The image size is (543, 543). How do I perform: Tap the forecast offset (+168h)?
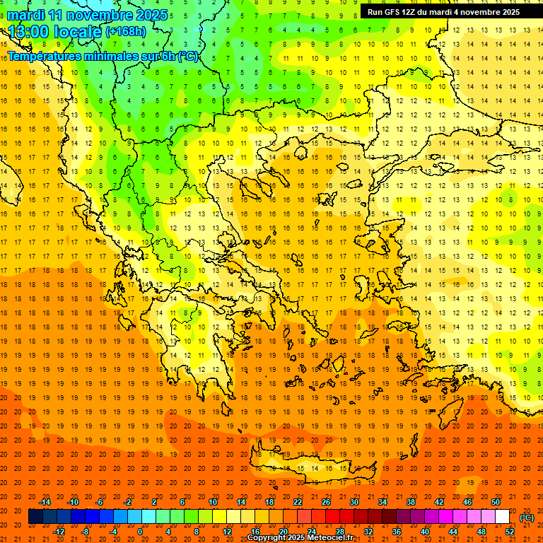click(x=127, y=32)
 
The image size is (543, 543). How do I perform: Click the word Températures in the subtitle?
click(x=42, y=57)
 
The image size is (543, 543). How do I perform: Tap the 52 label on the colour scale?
click(x=510, y=532)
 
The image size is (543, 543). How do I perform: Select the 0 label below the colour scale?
click(x=139, y=532)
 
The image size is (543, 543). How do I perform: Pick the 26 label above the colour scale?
click(x=326, y=502)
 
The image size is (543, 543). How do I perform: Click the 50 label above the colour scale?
click(x=496, y=502)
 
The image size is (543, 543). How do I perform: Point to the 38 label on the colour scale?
click(x=411, y=502)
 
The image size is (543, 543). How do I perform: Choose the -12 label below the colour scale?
click(x=59, y=532)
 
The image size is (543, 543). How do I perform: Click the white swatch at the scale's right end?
click(x=503, y=517)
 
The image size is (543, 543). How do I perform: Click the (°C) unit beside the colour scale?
click(x=527, y=518)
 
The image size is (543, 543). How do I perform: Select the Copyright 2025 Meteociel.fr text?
click(x=300, y=538)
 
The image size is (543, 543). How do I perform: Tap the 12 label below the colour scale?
click(x=227, y=532)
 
